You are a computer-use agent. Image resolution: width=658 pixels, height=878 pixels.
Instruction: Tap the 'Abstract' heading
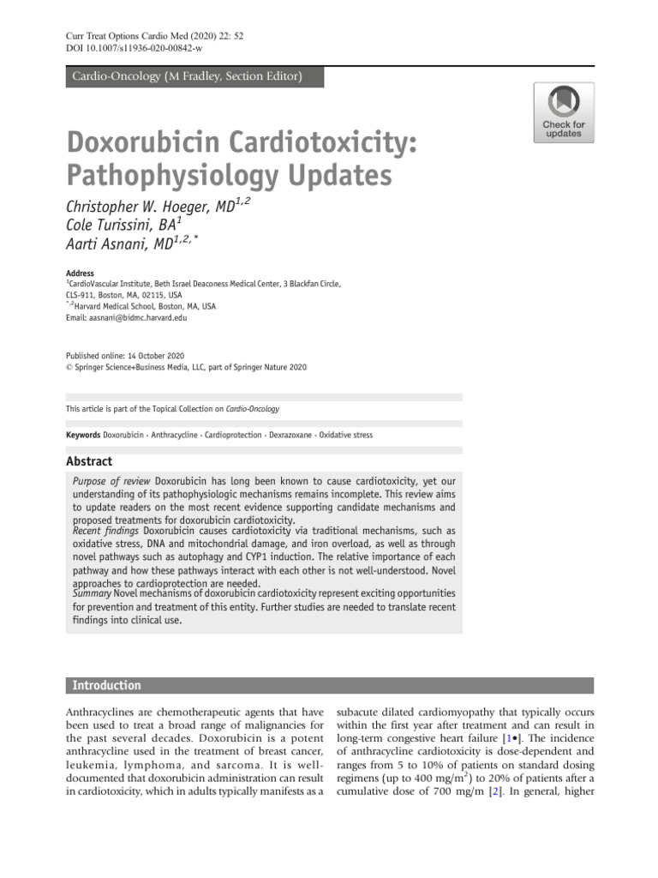coord(89,461)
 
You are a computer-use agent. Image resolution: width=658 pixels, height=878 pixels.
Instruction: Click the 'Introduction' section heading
coord(107,685)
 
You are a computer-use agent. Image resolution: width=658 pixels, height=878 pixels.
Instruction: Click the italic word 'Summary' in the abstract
coord(93,593)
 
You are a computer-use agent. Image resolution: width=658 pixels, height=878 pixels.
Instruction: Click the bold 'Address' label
coord(80,273)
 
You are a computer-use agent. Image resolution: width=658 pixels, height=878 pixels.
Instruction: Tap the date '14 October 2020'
coord(154,356)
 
